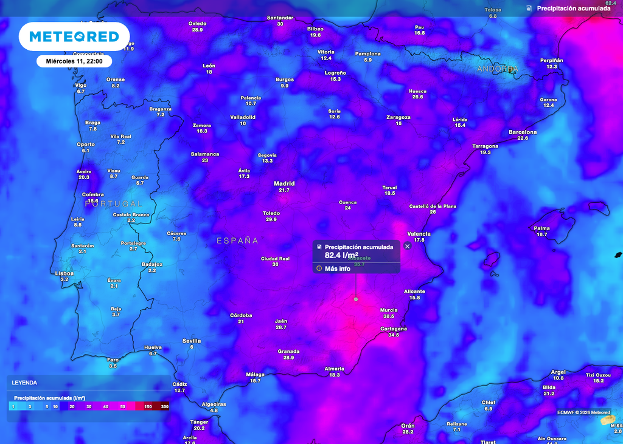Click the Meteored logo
tap(74, 36)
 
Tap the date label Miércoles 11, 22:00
tap(74, 61)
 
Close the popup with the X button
tap(408, 246)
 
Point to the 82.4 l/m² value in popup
tap(341, 255)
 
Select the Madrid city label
tap(284, 183)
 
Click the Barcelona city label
tap(523, 132)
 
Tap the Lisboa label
tap(64, 273)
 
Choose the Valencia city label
tap(419, 234)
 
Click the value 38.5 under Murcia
tap(389, 316)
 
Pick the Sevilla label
tap(192, 341)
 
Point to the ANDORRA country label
tap(498, 69)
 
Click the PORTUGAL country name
tap(113, 203)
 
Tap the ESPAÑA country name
tap(237, 241)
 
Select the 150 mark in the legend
tap(148, 406)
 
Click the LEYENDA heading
tap(24, 383)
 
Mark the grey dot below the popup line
tap(356, 299)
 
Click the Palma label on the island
tap(541, 228)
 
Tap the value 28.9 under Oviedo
tap(197, 30)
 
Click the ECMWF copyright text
tap(583, 412)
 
